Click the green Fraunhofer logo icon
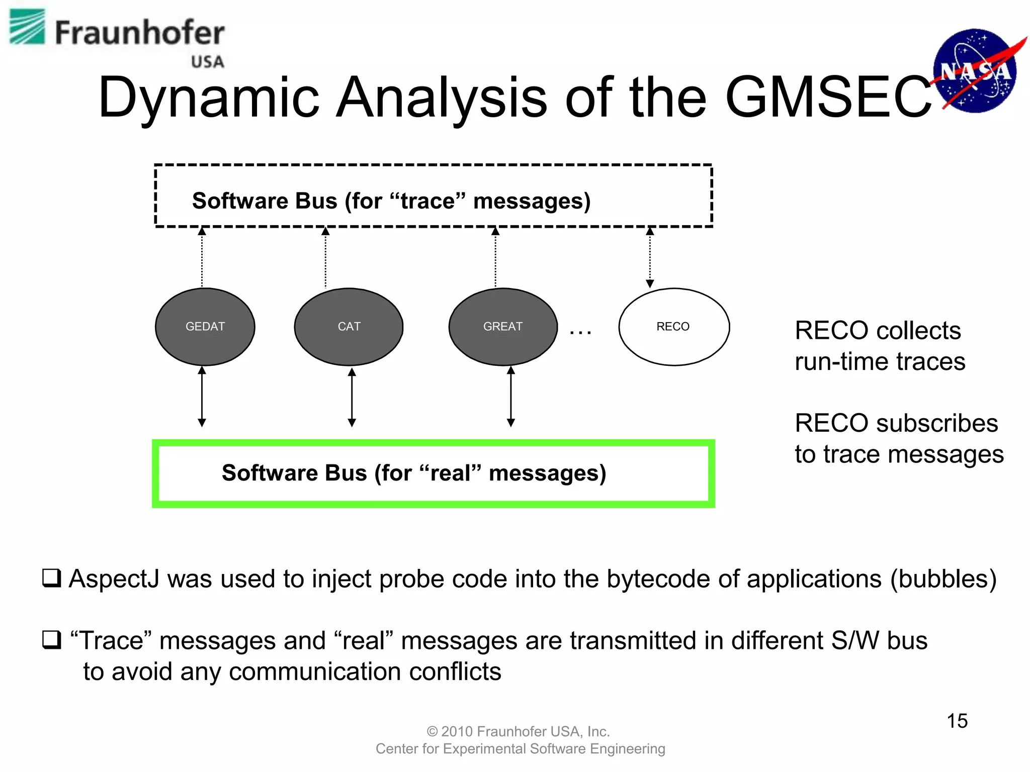coord(28,27)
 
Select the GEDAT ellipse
coord(205,327)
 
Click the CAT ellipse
coord(349,327)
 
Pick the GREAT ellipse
coord(503,327)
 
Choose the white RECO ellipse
coord(673,327)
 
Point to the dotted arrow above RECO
coord(650,257)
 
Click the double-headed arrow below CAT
coord(352,397)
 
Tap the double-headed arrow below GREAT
coord(511,397)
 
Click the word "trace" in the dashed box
coord(428,201)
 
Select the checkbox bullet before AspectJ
coord(51,578)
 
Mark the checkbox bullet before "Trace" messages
coord(51,640)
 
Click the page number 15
coord(957,721)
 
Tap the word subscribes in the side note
coord(936,423)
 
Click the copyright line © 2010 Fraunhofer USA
coord(518,731)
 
